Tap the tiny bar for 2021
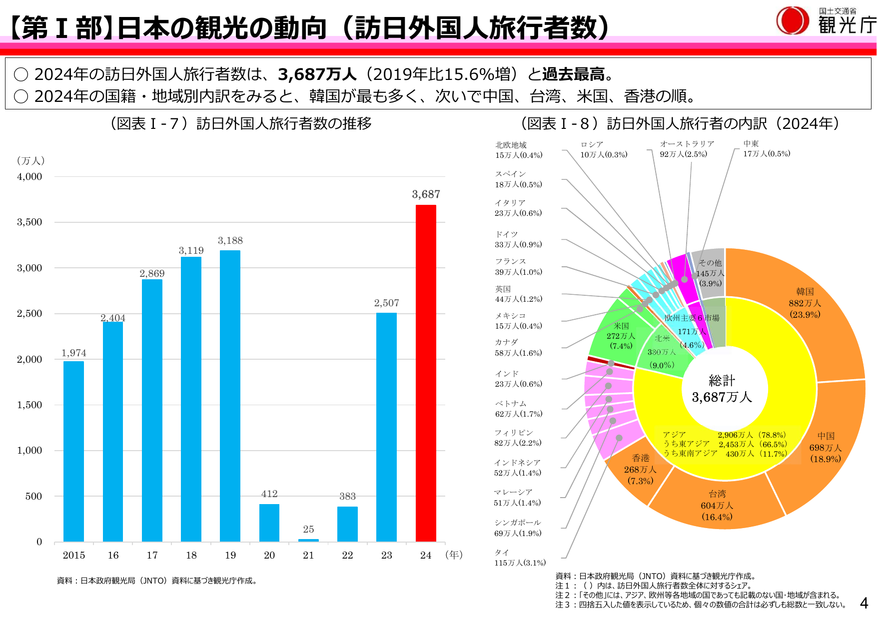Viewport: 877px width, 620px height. coord(308,540)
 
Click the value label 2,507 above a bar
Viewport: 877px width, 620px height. coord(386,303)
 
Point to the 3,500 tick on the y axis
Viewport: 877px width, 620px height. coord(29,222)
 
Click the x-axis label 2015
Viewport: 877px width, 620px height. coord(73,555)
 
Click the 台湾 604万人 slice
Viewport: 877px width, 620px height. coord(717,505)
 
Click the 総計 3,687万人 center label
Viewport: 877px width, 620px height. coord(722,389)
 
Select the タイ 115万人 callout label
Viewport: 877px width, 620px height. coord(520,558)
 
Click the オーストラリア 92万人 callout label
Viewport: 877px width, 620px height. coord(687,149)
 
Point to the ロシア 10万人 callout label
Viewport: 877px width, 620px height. coord(603,149)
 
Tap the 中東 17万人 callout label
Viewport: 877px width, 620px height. coord(766,148)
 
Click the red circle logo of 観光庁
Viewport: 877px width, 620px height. coord(792,20)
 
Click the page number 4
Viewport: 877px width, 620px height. coord(864,603)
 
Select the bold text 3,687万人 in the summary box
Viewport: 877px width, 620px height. coord(317,74)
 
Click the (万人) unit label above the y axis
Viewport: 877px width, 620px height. coord(30,161)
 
